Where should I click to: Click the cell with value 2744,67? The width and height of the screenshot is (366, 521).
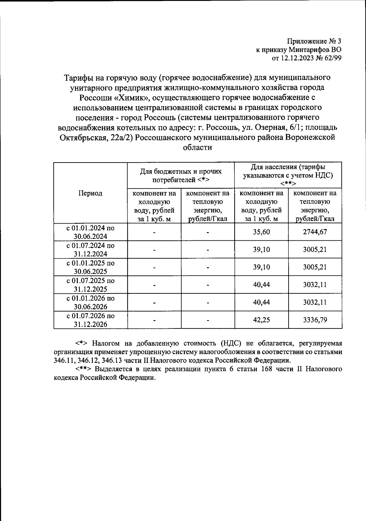[x=315, y=232]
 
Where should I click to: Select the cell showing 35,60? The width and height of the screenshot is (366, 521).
[x=261, y=232]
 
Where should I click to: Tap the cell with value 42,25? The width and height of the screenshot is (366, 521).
[x=261, y=320]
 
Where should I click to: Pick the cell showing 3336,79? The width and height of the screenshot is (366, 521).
[x=315, y=320]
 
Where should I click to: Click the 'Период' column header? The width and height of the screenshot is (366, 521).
[x=90, y=193]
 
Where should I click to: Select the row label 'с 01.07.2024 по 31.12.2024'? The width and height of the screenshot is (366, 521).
[x=90, y=250]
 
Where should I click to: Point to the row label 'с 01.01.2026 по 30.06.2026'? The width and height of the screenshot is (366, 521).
[x=90, y=302]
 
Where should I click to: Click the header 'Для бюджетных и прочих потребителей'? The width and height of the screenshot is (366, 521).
[x=181, y=175]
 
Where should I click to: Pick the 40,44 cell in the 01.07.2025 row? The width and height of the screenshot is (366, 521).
[x=261, y=285]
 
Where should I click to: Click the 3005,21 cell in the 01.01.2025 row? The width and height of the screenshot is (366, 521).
[x=315, y=267]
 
